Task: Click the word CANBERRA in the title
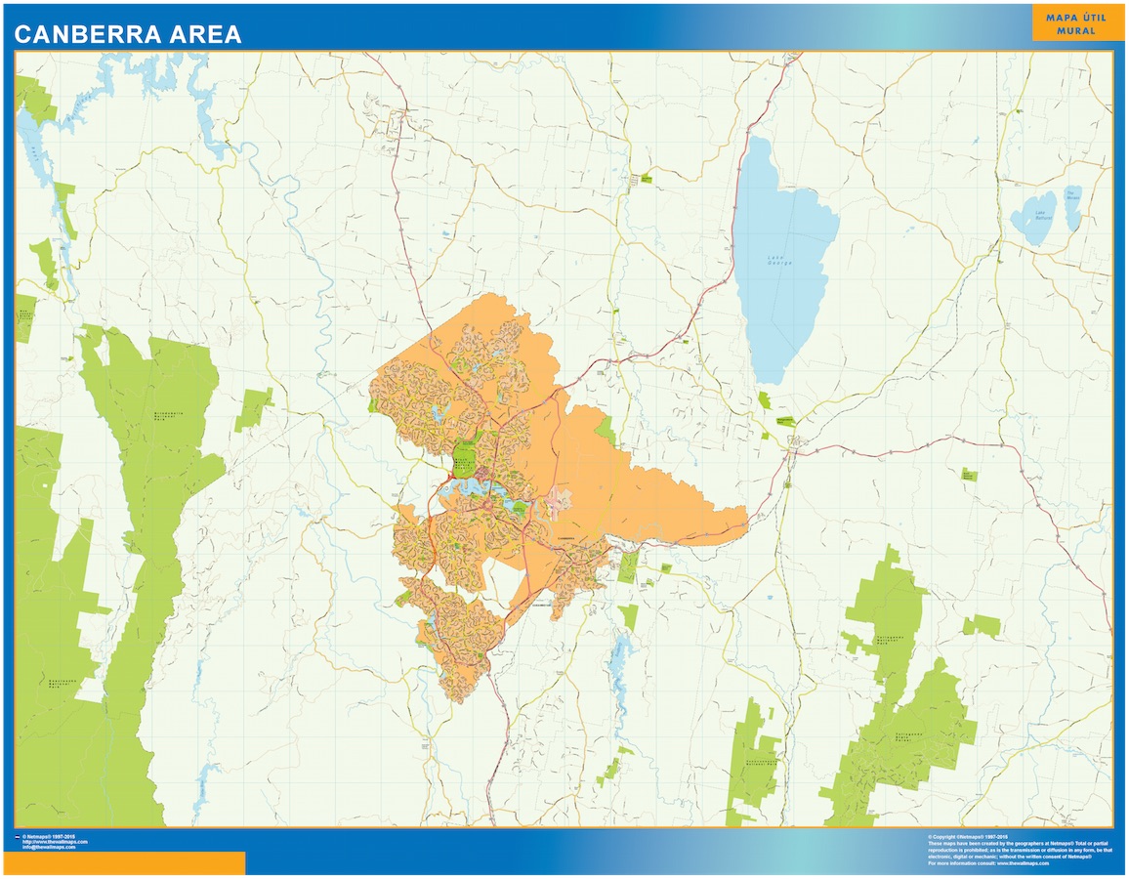[85, 34]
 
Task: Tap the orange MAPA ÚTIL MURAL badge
[1070, 23]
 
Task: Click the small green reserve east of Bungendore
[968, 475]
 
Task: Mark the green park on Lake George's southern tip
[763, 399]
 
